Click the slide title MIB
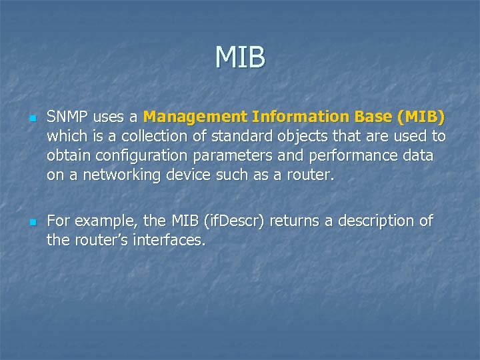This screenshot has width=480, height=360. pos(240,57)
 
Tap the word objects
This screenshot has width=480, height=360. pos(293,137)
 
